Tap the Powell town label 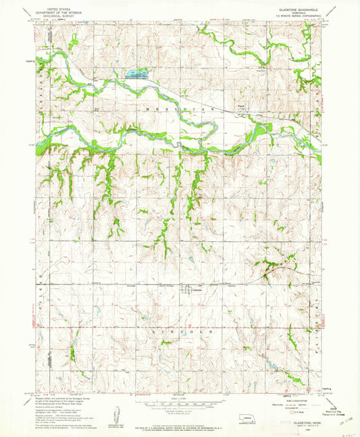pos(240,105)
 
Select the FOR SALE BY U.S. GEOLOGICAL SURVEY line pos(180,421)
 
